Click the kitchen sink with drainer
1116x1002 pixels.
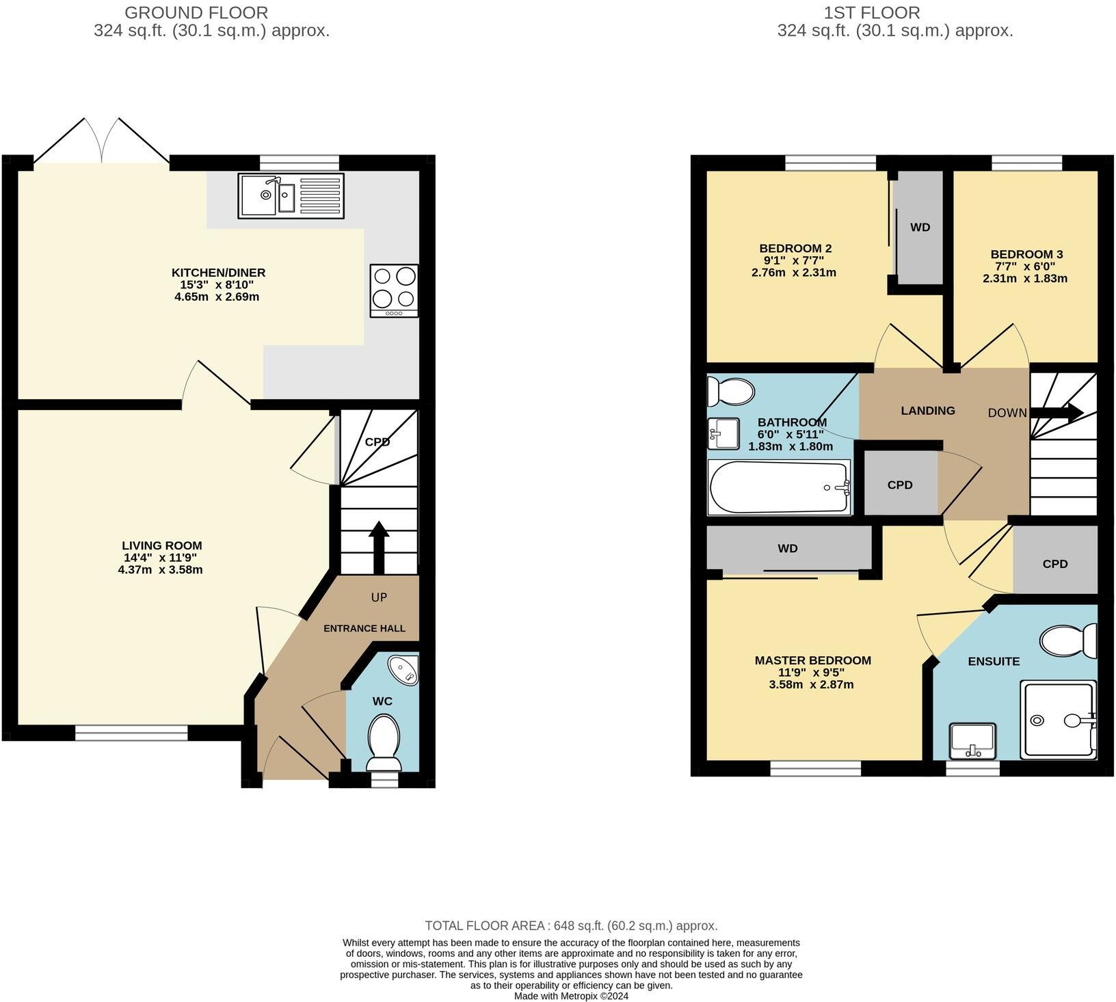[x=291, y=195]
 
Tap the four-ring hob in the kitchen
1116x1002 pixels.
[x=395, y=290]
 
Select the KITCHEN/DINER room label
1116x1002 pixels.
[x=218, y=273]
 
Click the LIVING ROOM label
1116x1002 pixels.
[x=161, y=545]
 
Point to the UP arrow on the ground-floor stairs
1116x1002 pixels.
[x=379, y=547]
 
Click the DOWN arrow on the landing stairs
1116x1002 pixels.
[x=1057, y=412]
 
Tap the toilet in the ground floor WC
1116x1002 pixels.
[x=384, y=742]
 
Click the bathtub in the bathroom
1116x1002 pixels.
[x=779, y=487]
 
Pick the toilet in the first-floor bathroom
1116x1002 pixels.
[x=730, y=392]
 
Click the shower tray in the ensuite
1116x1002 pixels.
[x=1057, y=719]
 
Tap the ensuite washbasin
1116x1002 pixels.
[x=972, y=741]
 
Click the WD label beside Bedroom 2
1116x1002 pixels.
[x=920, y=228]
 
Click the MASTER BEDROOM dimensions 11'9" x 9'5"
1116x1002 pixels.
[x=812, y=673]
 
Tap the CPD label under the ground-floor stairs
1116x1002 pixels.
[x=377, y=442]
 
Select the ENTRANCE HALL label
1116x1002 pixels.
[x=364, y=628]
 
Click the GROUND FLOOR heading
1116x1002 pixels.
[x=196, y=12]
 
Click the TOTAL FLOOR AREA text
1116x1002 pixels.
[x=571, y=925]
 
